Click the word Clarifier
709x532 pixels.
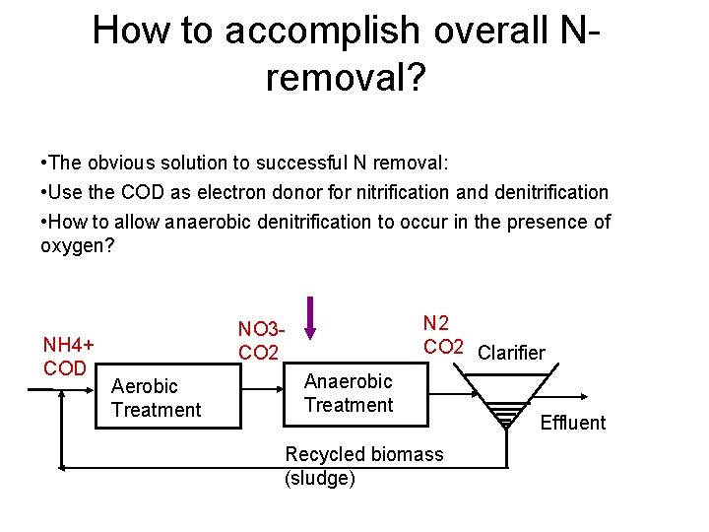511,353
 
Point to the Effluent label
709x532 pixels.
573,423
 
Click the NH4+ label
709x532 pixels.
69,345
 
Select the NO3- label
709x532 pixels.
261,329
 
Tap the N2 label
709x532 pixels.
436,322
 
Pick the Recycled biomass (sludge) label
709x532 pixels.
363,466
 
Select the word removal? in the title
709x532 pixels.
345,79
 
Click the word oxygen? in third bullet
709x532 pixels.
78,245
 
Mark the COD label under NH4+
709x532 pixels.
64,367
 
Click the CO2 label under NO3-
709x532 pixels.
259,353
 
